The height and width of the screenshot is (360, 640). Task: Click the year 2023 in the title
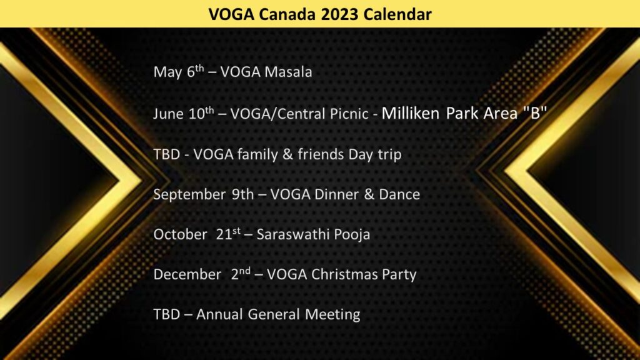click(339, 14)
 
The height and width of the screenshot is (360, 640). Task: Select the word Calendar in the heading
click(397, 14)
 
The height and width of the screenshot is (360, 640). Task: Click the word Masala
click(288, 72)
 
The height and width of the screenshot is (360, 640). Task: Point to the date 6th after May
click(195, 71)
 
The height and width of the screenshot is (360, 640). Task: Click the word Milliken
click(411, 113)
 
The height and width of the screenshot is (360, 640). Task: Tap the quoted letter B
click(535, 112)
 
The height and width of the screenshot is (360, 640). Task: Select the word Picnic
click(349, 114)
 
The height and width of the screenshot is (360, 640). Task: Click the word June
click(168, 114)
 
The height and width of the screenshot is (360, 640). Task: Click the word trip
click(389, 155)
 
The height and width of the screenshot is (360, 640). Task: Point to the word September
click(189, 195)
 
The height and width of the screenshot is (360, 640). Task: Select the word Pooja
click(352, 235)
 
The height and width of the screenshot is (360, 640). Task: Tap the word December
click(187, 274)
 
